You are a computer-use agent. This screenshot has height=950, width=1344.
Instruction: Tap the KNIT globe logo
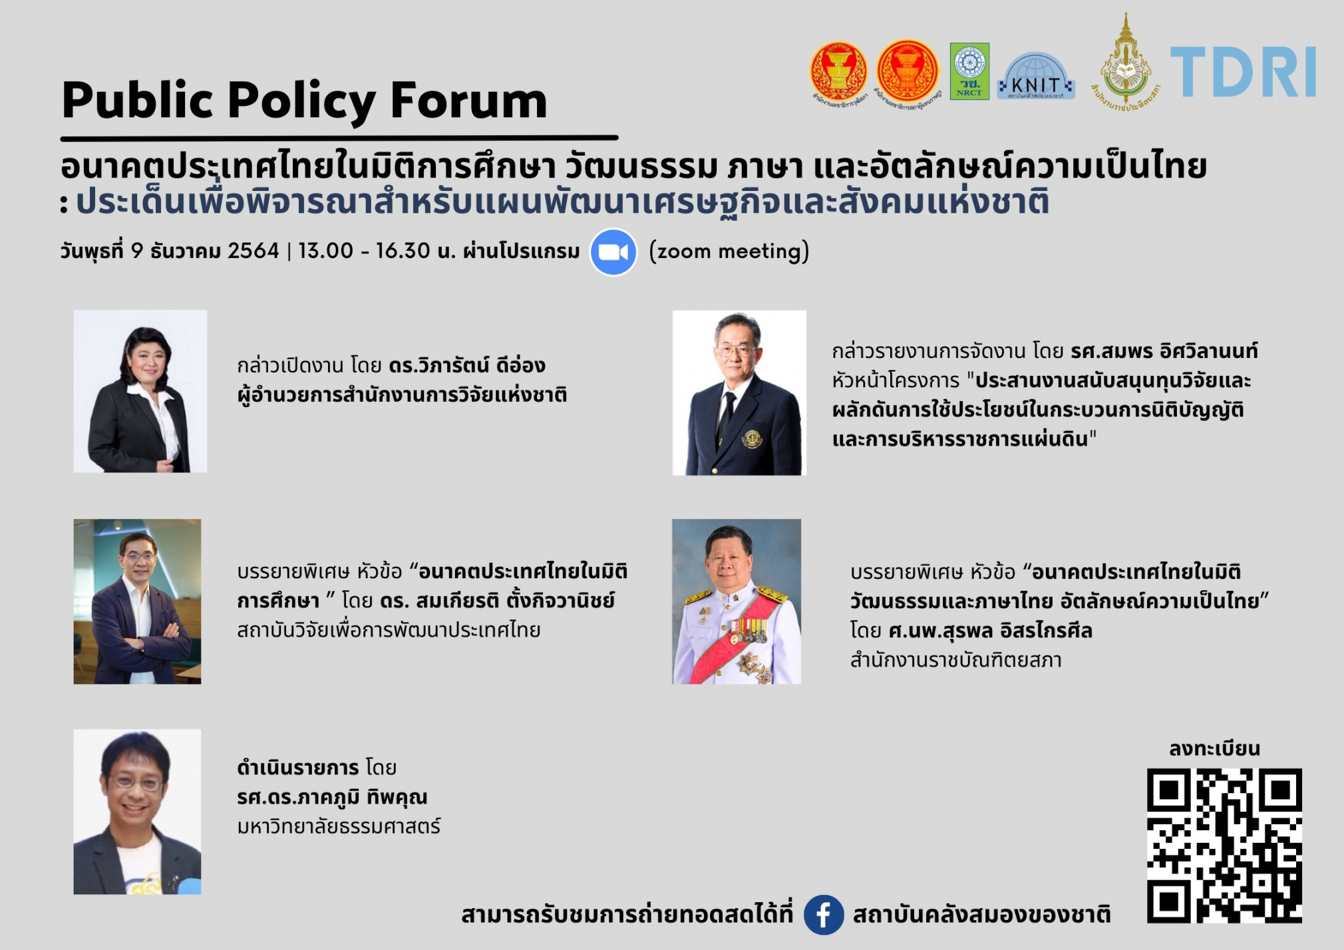click(1035, 77)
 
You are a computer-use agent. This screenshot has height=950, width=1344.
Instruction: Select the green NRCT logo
click(969, 71)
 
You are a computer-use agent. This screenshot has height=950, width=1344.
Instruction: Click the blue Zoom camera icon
click(613, 252)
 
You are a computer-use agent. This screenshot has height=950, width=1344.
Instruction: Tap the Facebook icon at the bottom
click(823, 915)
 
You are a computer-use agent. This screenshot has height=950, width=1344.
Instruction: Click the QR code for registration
click(1224, 845)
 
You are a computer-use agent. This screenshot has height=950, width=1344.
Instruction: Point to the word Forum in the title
click(468, 101)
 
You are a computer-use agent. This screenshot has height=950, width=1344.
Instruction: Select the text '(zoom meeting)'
click(729, 251)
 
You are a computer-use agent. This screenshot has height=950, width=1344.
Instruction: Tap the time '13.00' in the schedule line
click(325, 251)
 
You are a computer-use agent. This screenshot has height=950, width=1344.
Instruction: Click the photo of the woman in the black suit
click(140, 391)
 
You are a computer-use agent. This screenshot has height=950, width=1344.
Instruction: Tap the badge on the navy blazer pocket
click(752, 440)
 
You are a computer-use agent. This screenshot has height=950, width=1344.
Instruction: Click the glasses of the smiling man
click(136, 782)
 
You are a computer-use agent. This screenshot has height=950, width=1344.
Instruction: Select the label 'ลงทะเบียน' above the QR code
click(1214, 749)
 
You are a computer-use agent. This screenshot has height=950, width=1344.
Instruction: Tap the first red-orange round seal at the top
click(838, 71)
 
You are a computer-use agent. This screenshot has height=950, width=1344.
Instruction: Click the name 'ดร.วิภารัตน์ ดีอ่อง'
click(467, 365)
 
